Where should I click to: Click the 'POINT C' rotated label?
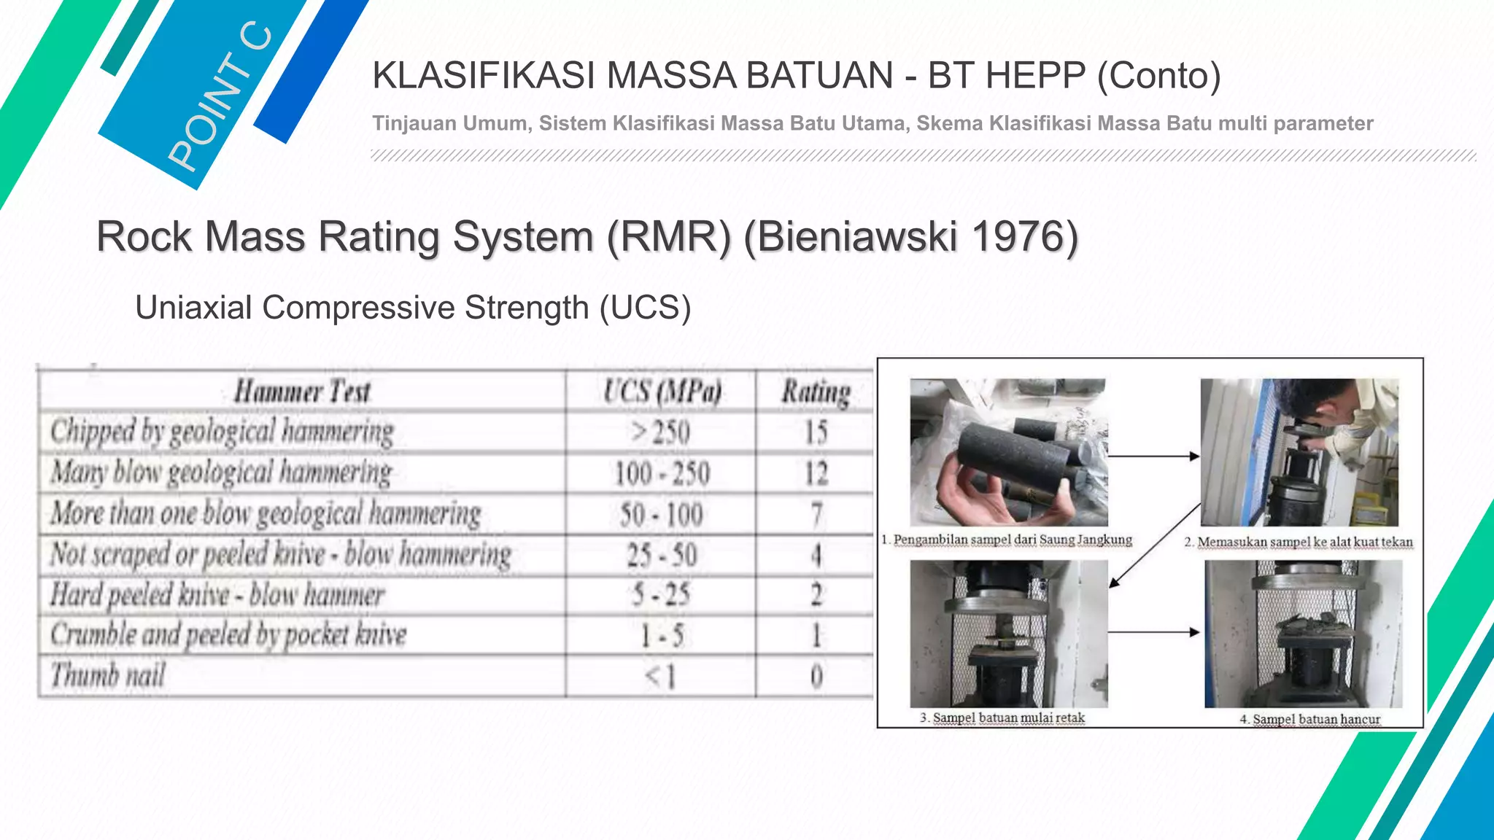click(219, 98)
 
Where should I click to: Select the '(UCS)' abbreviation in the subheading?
click(645, 308)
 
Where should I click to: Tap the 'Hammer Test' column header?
click(302, 392)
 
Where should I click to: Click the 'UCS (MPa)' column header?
click(662, 392)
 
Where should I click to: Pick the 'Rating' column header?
click(816, 392)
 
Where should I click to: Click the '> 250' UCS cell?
click(661, 433)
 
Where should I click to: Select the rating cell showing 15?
click(816, 433)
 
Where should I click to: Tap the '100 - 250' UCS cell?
click(661, 474)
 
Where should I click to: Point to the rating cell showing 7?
click(816, 515)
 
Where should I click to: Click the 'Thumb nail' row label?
click(108, 675)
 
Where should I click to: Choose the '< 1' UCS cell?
click(661, 677)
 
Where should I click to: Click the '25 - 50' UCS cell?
click(661, 556)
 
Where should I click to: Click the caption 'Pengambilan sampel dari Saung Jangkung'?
click(1012, 540)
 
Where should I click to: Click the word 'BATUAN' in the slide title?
click(816, 76)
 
